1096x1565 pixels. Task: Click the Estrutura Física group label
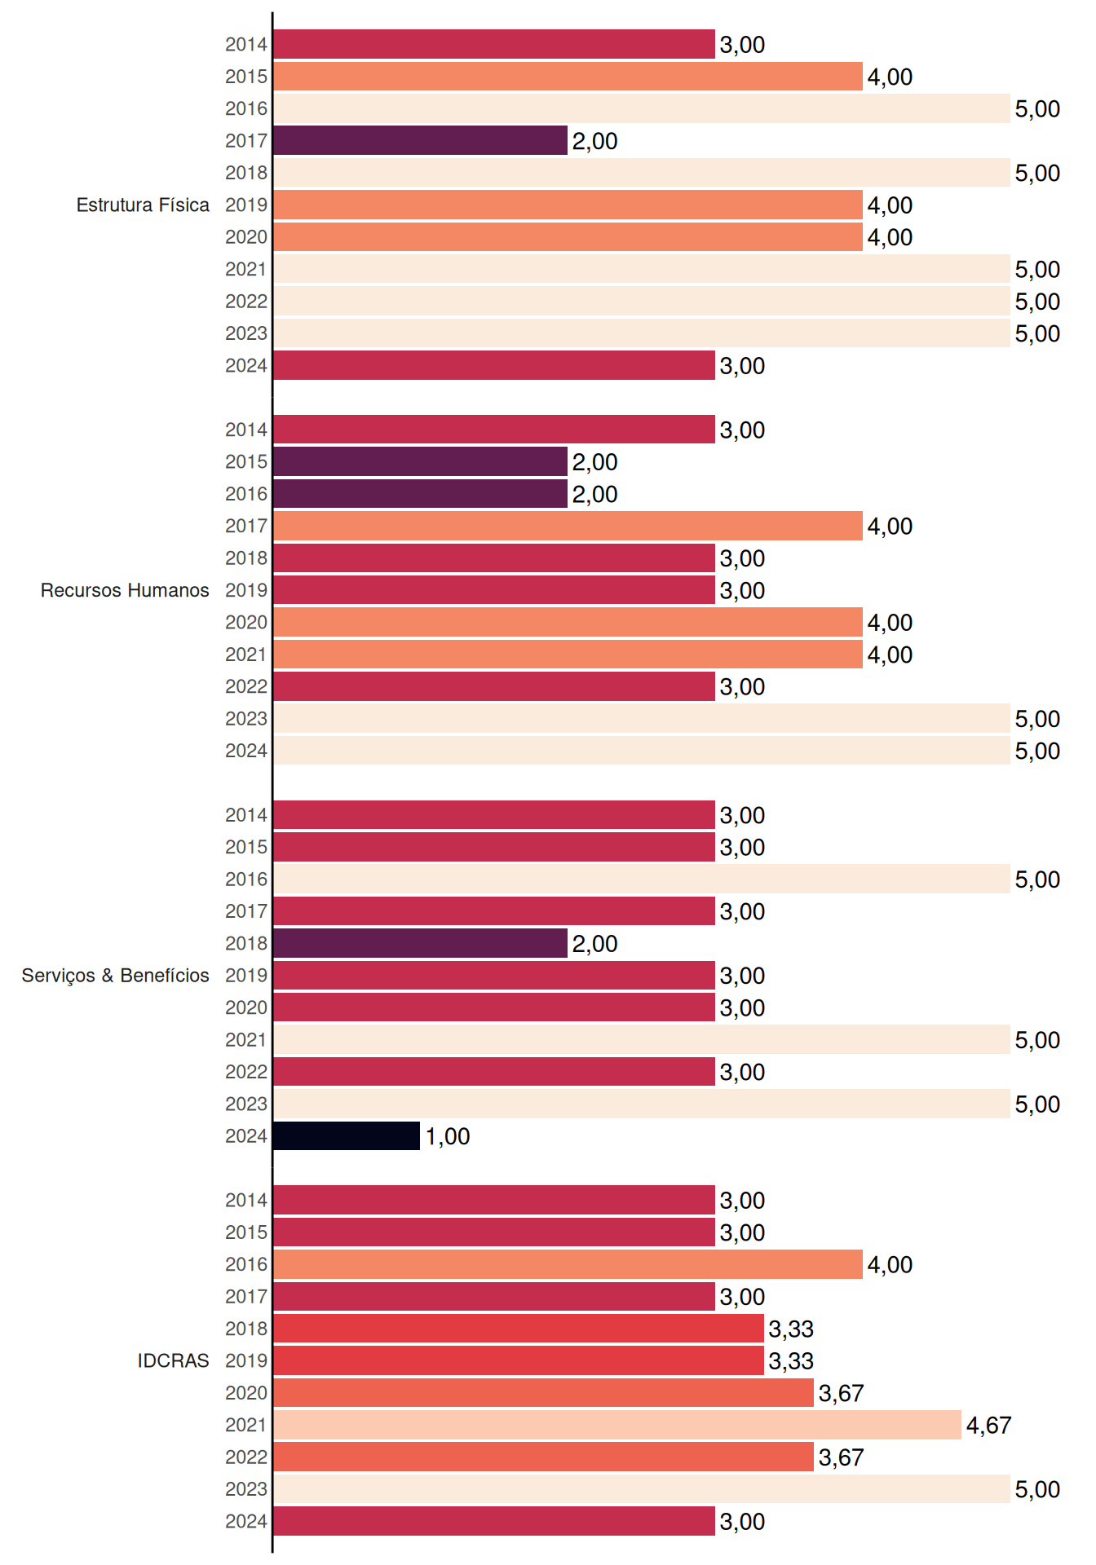[x=143, y=205]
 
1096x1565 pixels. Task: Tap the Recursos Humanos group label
[x=125, y=590]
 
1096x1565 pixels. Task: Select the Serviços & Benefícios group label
[x=115, y=976]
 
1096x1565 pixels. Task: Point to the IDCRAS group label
[x=173, y=1360]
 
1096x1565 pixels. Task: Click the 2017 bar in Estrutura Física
[x=420, y=140]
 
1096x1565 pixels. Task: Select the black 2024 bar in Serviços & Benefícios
[x=347, y=1135]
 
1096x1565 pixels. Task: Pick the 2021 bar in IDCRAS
[x=617, y=1425]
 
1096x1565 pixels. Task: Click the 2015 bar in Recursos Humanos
[x=420, y=461]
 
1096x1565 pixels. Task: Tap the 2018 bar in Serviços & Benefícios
[x=420, y=943]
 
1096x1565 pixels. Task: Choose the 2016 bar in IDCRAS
[x=568, y=1264]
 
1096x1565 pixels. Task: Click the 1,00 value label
[x=448, y=1136]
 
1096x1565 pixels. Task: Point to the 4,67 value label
[x=988, y=1426]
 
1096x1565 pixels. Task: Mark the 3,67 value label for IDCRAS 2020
[x=841, y=1394]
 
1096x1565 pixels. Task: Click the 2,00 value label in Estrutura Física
[x=594, y=141]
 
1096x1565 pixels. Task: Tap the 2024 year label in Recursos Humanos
[x=246, y=751]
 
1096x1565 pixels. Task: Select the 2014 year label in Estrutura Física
[x=246, y=45]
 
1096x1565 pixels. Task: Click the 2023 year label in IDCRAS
[x=246, y=1489]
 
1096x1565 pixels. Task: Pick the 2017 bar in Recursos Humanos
[x=568, y=526]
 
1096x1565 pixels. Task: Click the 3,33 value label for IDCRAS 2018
[x=791, y=1329]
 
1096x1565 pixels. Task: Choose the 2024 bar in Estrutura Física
[x=494, y=365]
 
